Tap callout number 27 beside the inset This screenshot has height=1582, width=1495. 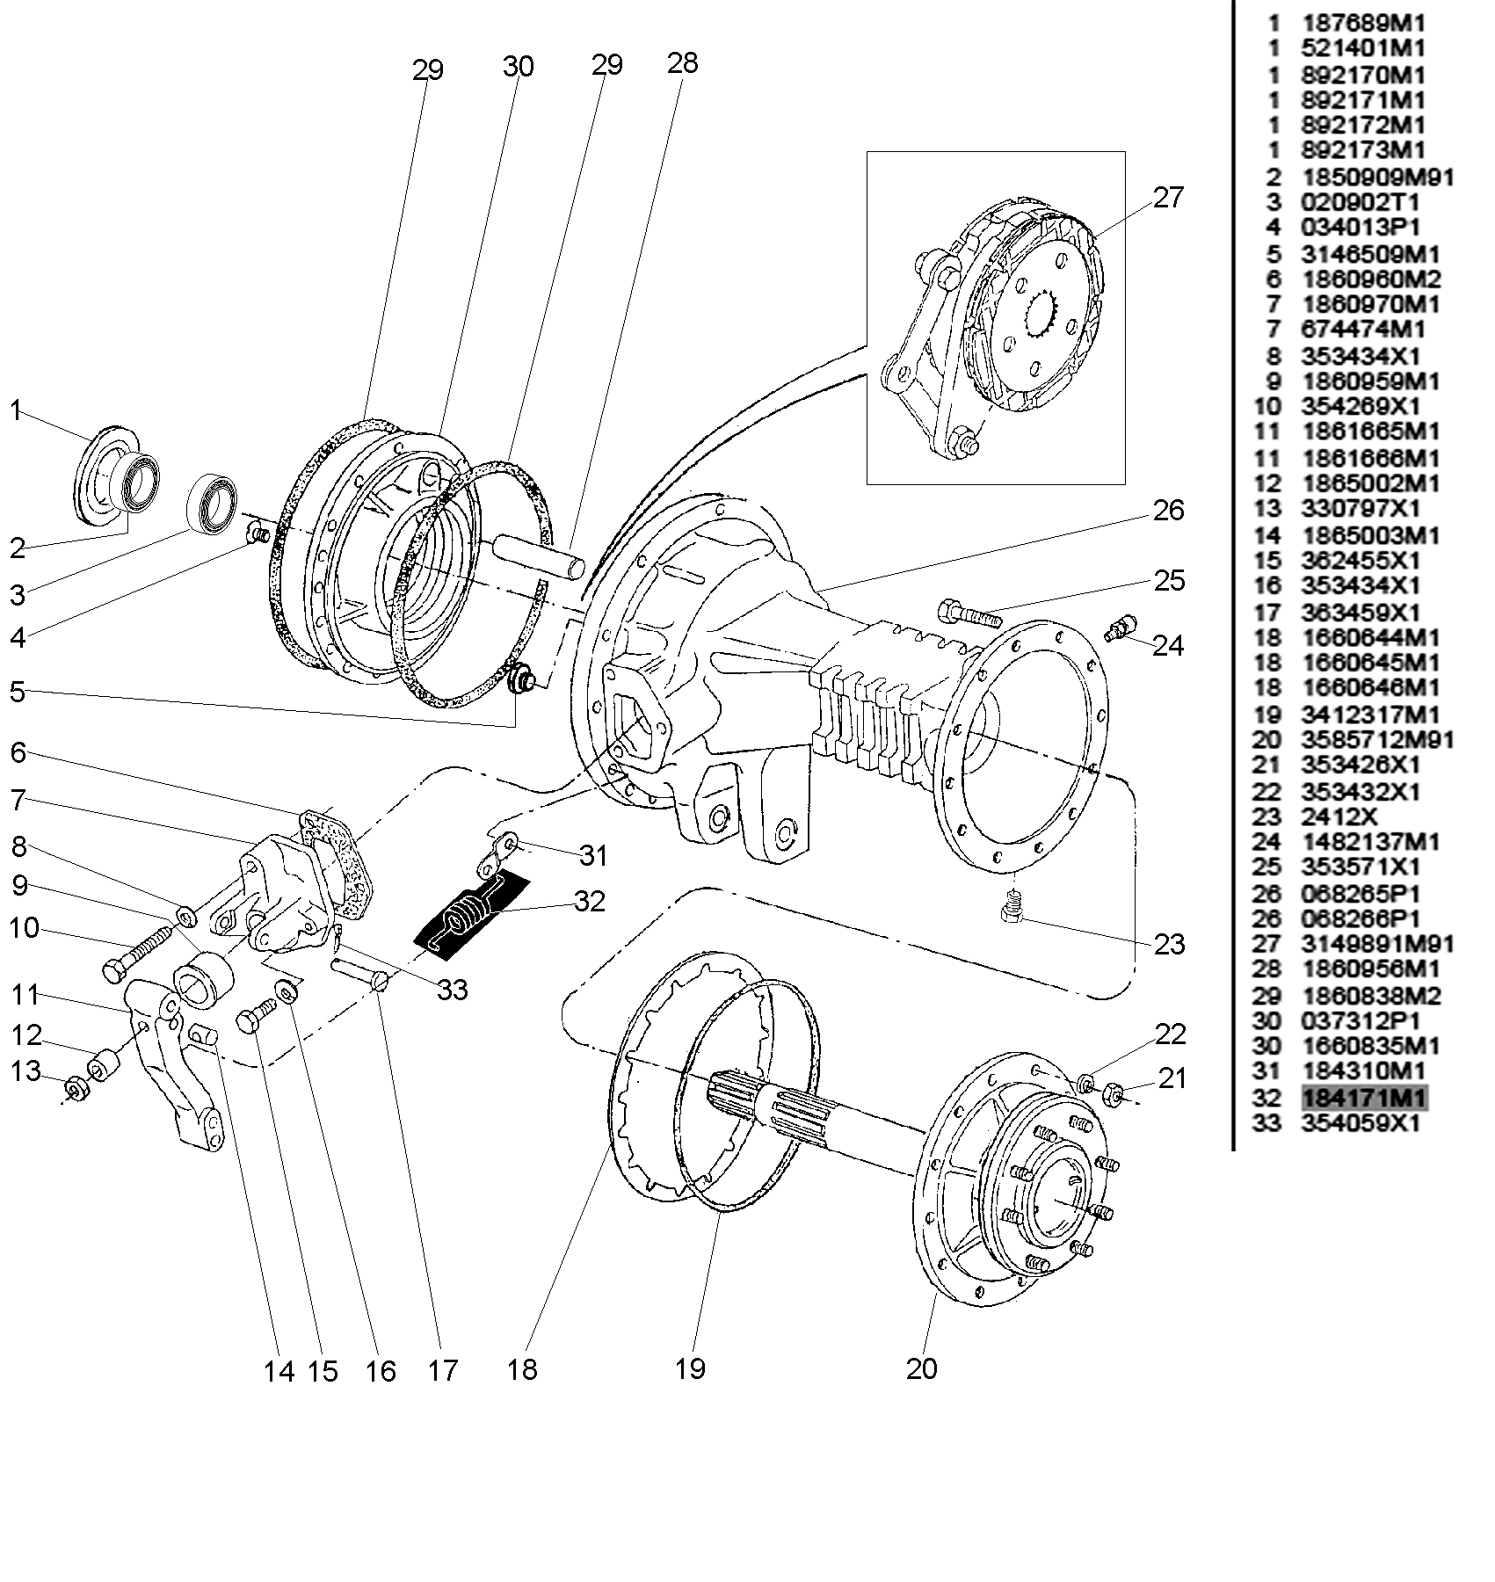1168,198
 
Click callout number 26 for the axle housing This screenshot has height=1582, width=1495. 1168,511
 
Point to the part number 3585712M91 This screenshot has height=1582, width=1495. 1377,740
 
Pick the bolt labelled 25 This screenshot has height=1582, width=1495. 969,612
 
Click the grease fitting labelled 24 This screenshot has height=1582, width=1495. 1121,628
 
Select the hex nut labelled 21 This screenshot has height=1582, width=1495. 1113,1095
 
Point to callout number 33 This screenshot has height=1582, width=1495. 453,990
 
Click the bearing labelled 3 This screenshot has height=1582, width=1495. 214,503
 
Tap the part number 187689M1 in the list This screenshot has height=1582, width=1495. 1363,23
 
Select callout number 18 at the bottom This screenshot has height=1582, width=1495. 522,1368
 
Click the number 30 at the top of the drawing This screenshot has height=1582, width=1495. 519,66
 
